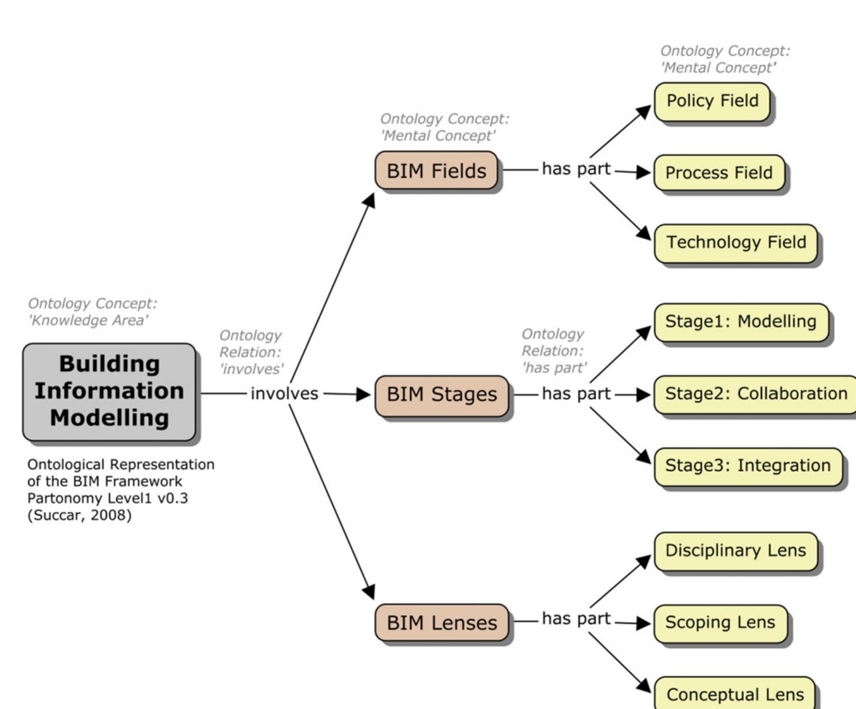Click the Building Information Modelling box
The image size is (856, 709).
point(109,392)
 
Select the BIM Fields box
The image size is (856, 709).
point(436,171)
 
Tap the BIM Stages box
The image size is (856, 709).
point(441,395)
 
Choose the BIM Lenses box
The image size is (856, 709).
point(441,623)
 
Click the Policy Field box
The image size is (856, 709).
point(712,101)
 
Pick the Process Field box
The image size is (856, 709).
point(719,173)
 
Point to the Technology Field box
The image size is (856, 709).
point(736,243)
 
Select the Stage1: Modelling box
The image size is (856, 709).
point(740,322)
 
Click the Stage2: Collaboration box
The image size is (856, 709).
point(755,394)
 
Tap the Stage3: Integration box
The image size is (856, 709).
point(747,466)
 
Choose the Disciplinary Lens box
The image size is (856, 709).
point(735,551)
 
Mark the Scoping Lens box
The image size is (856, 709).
point(720,623)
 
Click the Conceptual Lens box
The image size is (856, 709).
point(735,694)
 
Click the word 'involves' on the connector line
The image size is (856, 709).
point(284,394)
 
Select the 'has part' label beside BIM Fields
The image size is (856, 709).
point(576,170)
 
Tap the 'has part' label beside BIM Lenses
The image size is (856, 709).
point(576,619)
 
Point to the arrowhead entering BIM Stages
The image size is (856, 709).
point(364,395)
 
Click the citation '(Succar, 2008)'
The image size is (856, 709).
point(79,515)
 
